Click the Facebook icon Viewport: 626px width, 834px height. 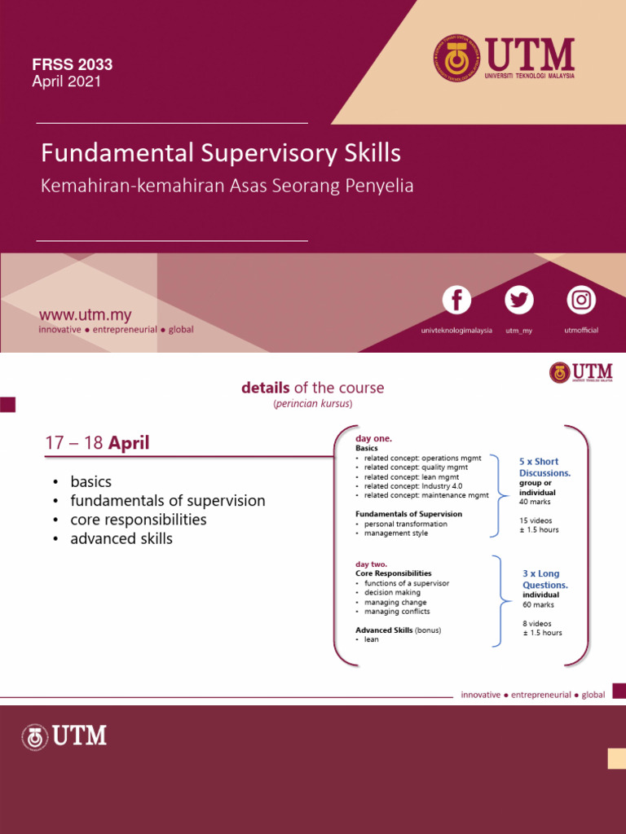click(x=456, y=300)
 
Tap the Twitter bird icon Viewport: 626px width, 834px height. click(x=518, y=300)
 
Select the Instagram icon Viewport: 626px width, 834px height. click(x=581, y=300)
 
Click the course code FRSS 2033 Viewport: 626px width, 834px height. click(x=72, y=64)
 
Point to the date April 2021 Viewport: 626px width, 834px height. click(x=66, y=81)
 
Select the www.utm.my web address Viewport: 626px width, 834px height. click(x=86, y=315)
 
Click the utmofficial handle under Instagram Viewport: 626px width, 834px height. click(x=581, y=331)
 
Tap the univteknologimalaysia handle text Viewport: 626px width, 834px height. click(x=456, y=331)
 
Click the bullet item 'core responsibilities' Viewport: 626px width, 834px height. click(x=138, y=520)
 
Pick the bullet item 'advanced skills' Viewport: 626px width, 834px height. click(x=121, y=538)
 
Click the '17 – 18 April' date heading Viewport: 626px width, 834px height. click(x=97, y=444)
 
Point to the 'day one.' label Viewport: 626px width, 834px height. click(x=373, y=439)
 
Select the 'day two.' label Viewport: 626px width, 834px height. click(x=371, y=564)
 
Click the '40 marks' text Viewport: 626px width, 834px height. click(x=535, y=502)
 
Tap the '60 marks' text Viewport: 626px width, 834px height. click(x=538, y=605)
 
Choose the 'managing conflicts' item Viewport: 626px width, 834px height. click(x=397, y=612)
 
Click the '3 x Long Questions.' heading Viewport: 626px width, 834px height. click(x=544, y=579)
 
